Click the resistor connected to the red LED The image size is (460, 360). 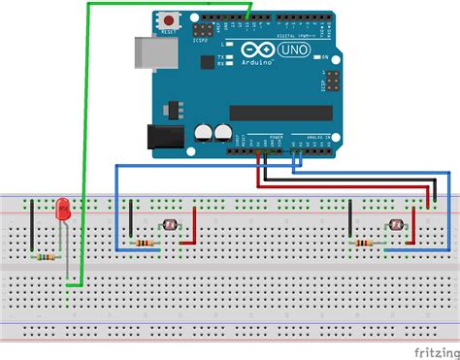[45, 257]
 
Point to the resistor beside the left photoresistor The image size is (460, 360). [146, 243]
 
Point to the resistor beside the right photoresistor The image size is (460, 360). [366, 243]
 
